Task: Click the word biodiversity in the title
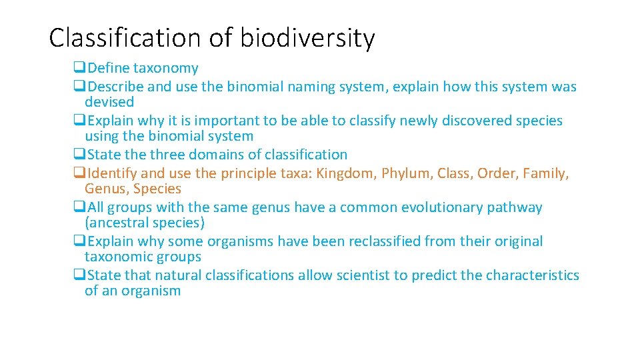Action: pyautogui.click(x=307, y=38)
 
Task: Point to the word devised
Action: pyautogui.click(x=109, y=102)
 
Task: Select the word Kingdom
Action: pyautogui.click(x=345, y=174)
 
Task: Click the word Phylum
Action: pyautogui.click(x=407, y=174)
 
